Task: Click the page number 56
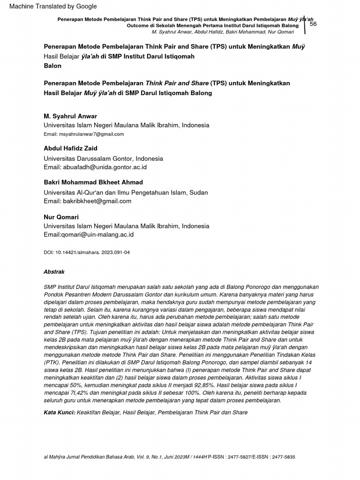pos(313,24)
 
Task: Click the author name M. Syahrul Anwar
pos(70,116)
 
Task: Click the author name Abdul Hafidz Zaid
pos(70,149)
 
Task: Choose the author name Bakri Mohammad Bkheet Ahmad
pos(93,182)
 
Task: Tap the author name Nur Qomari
pos(61,217)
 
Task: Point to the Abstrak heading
pos(54,272)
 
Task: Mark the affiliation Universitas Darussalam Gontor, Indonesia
pos(103,158)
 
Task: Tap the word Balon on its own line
pos(52,66)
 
